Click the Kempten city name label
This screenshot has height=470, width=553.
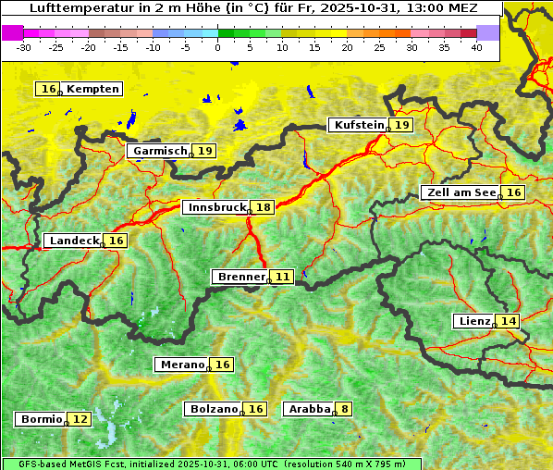pos(92,89)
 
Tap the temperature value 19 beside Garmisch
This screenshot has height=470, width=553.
pos(204,151)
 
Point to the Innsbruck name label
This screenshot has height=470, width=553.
pos(216,207)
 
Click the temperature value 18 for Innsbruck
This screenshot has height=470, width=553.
pos(264,207)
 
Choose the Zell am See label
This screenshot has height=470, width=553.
pos(459,192)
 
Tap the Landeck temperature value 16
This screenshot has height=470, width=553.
pos(116,241)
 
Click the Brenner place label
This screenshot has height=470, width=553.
pos(240,277)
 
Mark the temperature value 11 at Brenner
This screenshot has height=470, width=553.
pos(282,277)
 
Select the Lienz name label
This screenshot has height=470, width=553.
pos(473,321)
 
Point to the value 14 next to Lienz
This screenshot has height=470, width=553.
pos(509,321)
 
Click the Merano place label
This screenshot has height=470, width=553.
pos(181,365)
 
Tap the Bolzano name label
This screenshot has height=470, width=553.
pos(214,408)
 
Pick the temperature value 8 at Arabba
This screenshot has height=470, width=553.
pos(345,408)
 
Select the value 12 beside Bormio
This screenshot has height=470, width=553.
pos(80,419)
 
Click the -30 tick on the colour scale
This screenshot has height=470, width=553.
pos(24,47)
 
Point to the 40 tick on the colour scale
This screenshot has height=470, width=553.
pos(476,47)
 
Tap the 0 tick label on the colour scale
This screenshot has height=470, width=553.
pos(218,47)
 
